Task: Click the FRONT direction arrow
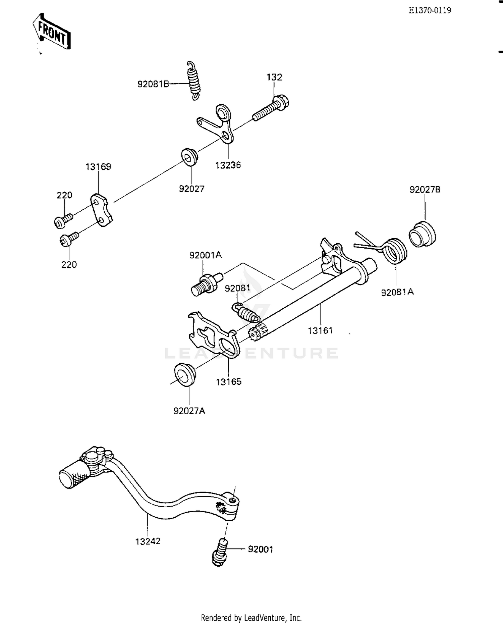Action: pos(52,32)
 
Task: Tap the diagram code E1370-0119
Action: pos(430,10)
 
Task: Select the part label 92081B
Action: pos(153,84)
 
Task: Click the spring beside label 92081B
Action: pos(193,81)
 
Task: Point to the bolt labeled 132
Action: pos(271,108)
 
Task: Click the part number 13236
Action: pos(228,165)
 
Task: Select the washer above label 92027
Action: pos(189,156)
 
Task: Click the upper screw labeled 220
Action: pos(63,220)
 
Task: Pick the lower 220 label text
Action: pos(69,265)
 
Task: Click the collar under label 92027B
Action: pos(423,234)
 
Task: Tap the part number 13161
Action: pos(320,330)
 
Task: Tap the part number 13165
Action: pos(229,382)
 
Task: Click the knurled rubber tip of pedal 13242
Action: pos(74,475)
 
